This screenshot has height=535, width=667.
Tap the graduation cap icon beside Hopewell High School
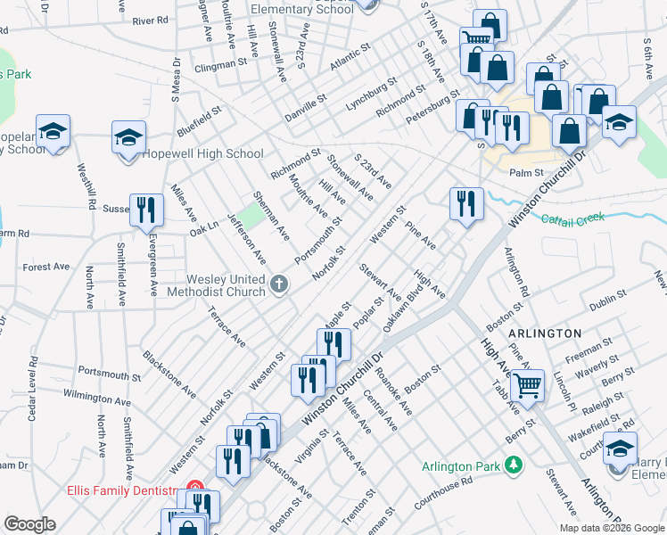[x=128, y=137]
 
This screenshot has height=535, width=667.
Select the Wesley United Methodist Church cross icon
[x=279, y=285]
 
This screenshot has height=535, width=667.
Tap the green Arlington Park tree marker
[x=513, y=464]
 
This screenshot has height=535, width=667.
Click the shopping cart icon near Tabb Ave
[x=528, y=386]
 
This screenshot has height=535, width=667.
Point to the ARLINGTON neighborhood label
[x=545, y=333]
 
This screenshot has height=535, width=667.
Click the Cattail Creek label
[x=572, y=218]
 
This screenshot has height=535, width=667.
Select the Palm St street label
[x=526, y=174]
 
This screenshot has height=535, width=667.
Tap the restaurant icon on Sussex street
[x=146, y=210]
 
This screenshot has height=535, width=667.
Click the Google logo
[x=29, y=524]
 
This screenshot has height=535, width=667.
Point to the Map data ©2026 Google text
[x=612, y=528]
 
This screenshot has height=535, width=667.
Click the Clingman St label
[x=219, y=64]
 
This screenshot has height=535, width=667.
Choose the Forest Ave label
[x=46, y=267]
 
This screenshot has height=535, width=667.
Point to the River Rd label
[x=150, y=20]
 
